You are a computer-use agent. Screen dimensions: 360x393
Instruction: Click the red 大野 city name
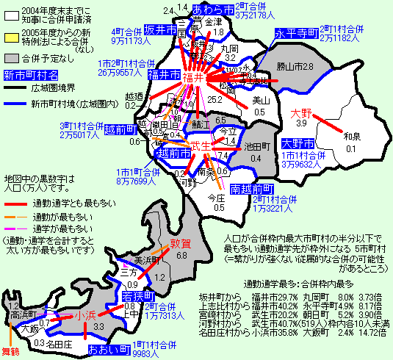[302, 114]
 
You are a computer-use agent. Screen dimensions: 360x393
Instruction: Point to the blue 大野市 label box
[298, 143]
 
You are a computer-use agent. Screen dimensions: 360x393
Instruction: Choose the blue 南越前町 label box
[252, 190]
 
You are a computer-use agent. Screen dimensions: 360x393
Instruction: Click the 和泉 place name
[353, 137]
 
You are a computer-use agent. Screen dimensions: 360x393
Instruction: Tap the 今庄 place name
[215, 198]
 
